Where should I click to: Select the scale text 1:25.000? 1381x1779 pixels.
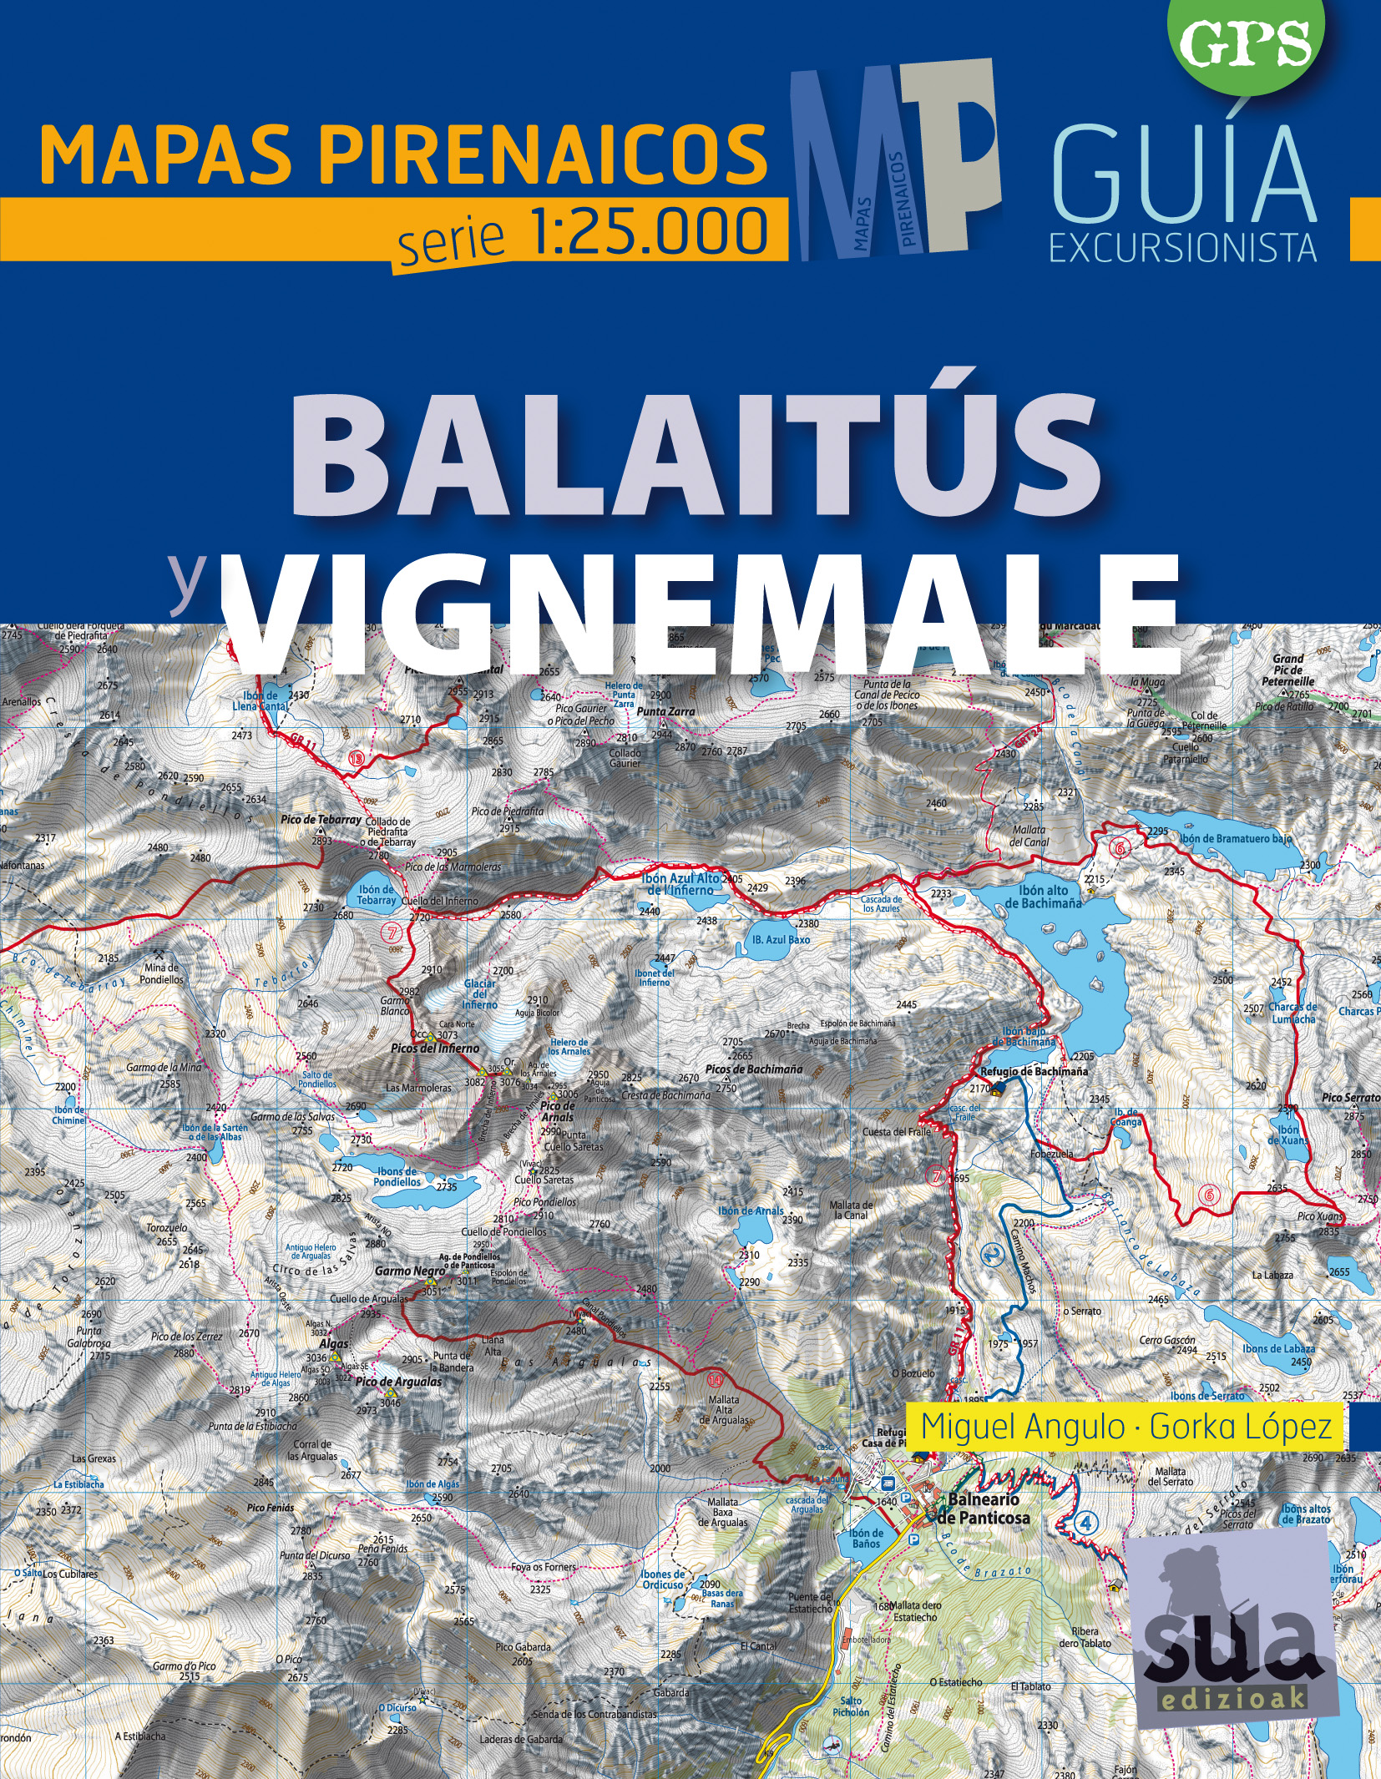(650, 231)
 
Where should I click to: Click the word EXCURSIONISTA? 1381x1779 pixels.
(1182, 248)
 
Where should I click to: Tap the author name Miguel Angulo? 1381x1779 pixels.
(1022, 1427)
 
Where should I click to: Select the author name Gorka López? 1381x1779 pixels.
(1240, 1427)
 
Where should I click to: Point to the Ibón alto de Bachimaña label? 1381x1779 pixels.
(1043, 897)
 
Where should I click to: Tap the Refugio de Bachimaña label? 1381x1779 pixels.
(1034, 1071)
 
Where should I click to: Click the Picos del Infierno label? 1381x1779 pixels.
(435, 1048)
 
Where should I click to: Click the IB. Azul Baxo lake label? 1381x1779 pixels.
(781, 939)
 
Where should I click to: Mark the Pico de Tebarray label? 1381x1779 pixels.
(321, 820)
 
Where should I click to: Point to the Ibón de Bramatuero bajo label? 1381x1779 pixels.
(1236, 838)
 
